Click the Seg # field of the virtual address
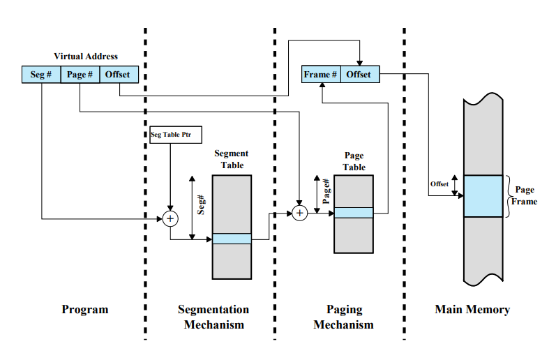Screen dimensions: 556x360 coord(41,75)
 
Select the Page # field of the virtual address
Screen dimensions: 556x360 coord(80,75)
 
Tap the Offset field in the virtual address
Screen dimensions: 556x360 coord(119,75)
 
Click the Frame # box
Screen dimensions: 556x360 coord(321,74)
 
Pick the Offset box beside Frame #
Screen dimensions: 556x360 coord(360,74)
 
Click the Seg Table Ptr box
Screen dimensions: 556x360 coord(176,135)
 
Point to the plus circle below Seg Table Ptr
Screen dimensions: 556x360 coord(170,218)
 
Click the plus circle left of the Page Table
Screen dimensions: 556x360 coord(300,213)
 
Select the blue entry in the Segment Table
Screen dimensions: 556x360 coord(232,239)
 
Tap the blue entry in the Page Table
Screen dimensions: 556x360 coord(354,213)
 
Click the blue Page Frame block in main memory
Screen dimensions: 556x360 coord(483,196)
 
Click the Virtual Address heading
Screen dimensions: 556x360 coord(86,57)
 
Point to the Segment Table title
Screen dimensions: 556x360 coord(232,159)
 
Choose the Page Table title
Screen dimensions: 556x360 coord(354,161)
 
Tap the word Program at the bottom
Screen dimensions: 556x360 coord(85,310)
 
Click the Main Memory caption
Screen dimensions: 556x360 coord(473,310)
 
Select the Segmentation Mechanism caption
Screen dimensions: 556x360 coord(213,317)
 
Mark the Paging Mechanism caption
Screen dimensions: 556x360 coord(344,317)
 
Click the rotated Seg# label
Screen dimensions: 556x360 coord(201,204)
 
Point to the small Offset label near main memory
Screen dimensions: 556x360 coord(439,184)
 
